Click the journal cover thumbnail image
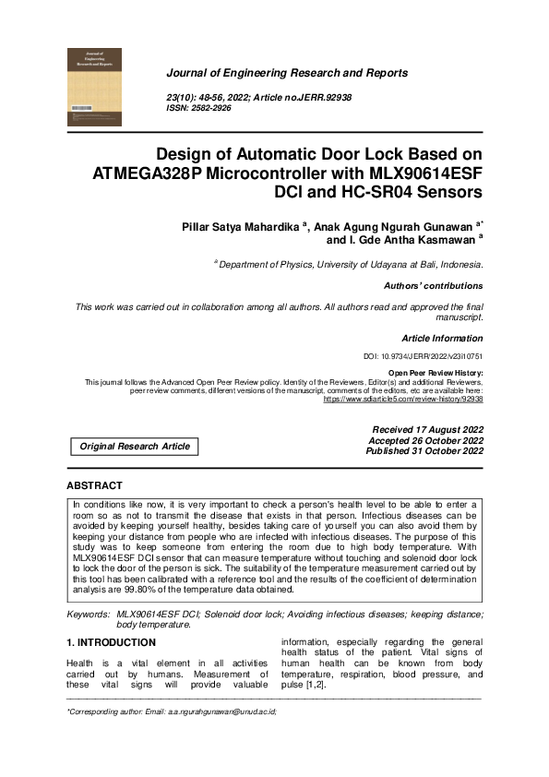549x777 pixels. click(94, 88)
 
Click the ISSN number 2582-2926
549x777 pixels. click(213, 108)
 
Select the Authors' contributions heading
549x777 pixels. click(433, 286)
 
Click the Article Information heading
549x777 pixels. click(442, 339)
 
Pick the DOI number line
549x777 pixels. click(424, 356)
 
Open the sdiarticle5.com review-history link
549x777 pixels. click(403, 400)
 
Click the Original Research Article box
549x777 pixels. click(135, 447)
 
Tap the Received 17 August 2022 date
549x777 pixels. click(427, 430)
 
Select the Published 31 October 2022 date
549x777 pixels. click(424, 451)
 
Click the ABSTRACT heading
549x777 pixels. click(94, 485)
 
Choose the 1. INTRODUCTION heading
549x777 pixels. click(111, 642)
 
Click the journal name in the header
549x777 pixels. click(286, 73)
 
